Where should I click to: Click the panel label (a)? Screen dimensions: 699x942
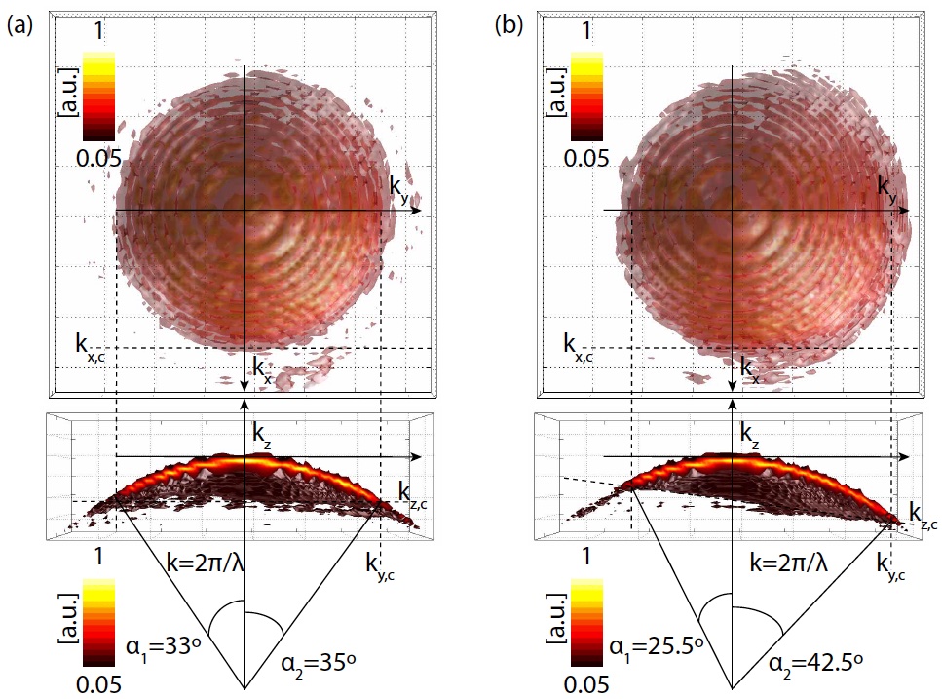[x=20, y=27]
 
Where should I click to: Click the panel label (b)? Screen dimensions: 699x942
[x=508, y=27]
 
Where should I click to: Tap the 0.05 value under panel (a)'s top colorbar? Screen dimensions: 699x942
[x=98, y=156]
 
